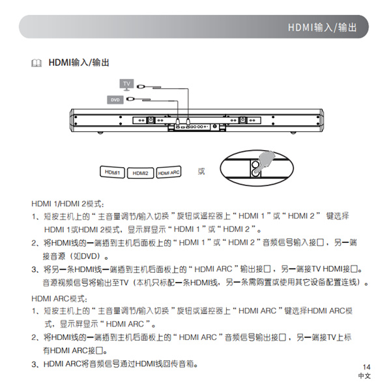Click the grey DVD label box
pyautogui.click(x=114, y=100)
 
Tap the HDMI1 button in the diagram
pyautogui.click(x=113, y=172)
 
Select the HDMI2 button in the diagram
pyautogui.click(x=140, y=173)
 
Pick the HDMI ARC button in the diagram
pyautogui.click(x=169, y=172)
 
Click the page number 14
pyautogui.click(x=366, y=367)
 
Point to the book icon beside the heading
pyautogui.click(x=36, y=63)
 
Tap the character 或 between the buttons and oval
pyautogui.click(x=201, y=171)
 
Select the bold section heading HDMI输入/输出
pyautogui.click(x=78, y=63)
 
